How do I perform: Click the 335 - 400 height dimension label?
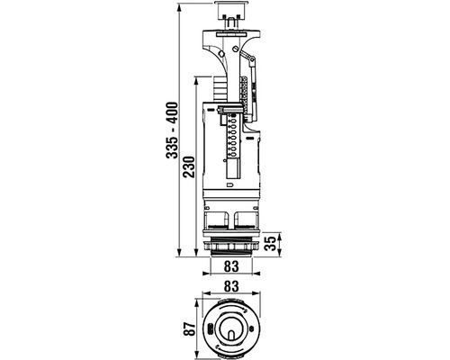click(172, 130)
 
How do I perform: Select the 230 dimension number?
click(189, 166)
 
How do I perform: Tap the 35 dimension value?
click(271, 244)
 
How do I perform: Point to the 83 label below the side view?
click(231, 265)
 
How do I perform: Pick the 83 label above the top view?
click(231, 286)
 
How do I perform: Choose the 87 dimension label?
click(189, 328)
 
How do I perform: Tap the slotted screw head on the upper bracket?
click(235, 48)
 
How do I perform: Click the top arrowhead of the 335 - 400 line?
click(179, 6)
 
